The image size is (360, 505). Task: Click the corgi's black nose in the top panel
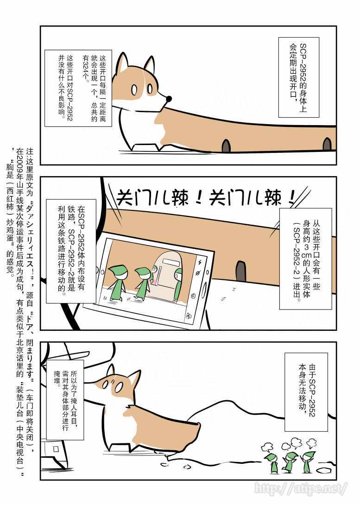pyautogui.click(x=169, y=99)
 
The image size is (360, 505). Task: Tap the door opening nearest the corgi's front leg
pyautogui.click(x=226, y=145)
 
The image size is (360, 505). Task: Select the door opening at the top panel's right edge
pyautogui.click(x=327, y=144)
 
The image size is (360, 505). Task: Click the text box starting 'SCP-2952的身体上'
pyautogui.click(x=299, y=77)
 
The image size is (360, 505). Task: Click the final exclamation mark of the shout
pyautogui.click(x=292, y=197)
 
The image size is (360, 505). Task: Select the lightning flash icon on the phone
pyautogui.click(x=200, y=262)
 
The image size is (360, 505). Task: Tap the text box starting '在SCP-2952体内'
pyautogui.click(x=71, y=252)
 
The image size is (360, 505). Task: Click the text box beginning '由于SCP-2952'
pyautogui.click(x=307, y=392)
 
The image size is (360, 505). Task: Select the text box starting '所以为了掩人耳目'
pyautogui.click(x=65, y=400)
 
